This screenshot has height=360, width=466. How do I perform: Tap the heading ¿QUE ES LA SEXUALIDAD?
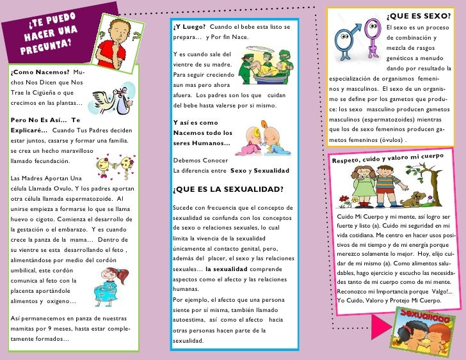pyautogui.click(x=229, y=189)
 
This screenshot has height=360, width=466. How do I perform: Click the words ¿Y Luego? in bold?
pyautogui.click(x=189, y=26)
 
